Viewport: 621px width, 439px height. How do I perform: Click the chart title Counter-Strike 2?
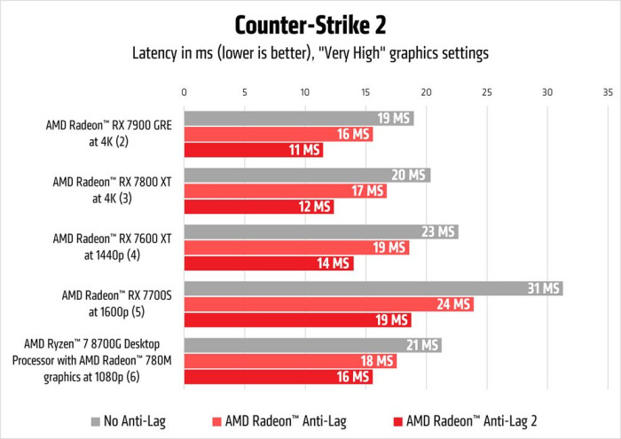pyautogui.click(x=310, y=23)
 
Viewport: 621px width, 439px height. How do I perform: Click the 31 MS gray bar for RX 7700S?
pyautogui.click(x=373, y=288)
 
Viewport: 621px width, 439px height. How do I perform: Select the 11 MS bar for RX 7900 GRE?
pyautogui.click(x=253, y=150)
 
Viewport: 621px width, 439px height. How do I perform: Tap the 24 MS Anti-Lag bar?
pyautogui.click(x=328, y=304)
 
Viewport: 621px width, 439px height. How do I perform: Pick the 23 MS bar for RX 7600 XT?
pyautogui.click(x=320, y=231)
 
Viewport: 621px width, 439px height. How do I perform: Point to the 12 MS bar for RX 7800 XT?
pyautogui.click(x=258, y=207)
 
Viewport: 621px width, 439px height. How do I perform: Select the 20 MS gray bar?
pyautogui.click(x=306, y=175)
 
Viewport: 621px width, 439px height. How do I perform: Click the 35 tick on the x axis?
pyautogui.click(x=607, y=91)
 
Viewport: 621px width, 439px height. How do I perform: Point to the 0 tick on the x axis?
pyautogui.click(x=184, y=91)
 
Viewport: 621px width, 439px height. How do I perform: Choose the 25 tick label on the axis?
pyautogui.click(x=486, y=91)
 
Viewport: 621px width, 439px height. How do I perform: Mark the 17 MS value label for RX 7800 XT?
pyautogui.click(x=368, y=191)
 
